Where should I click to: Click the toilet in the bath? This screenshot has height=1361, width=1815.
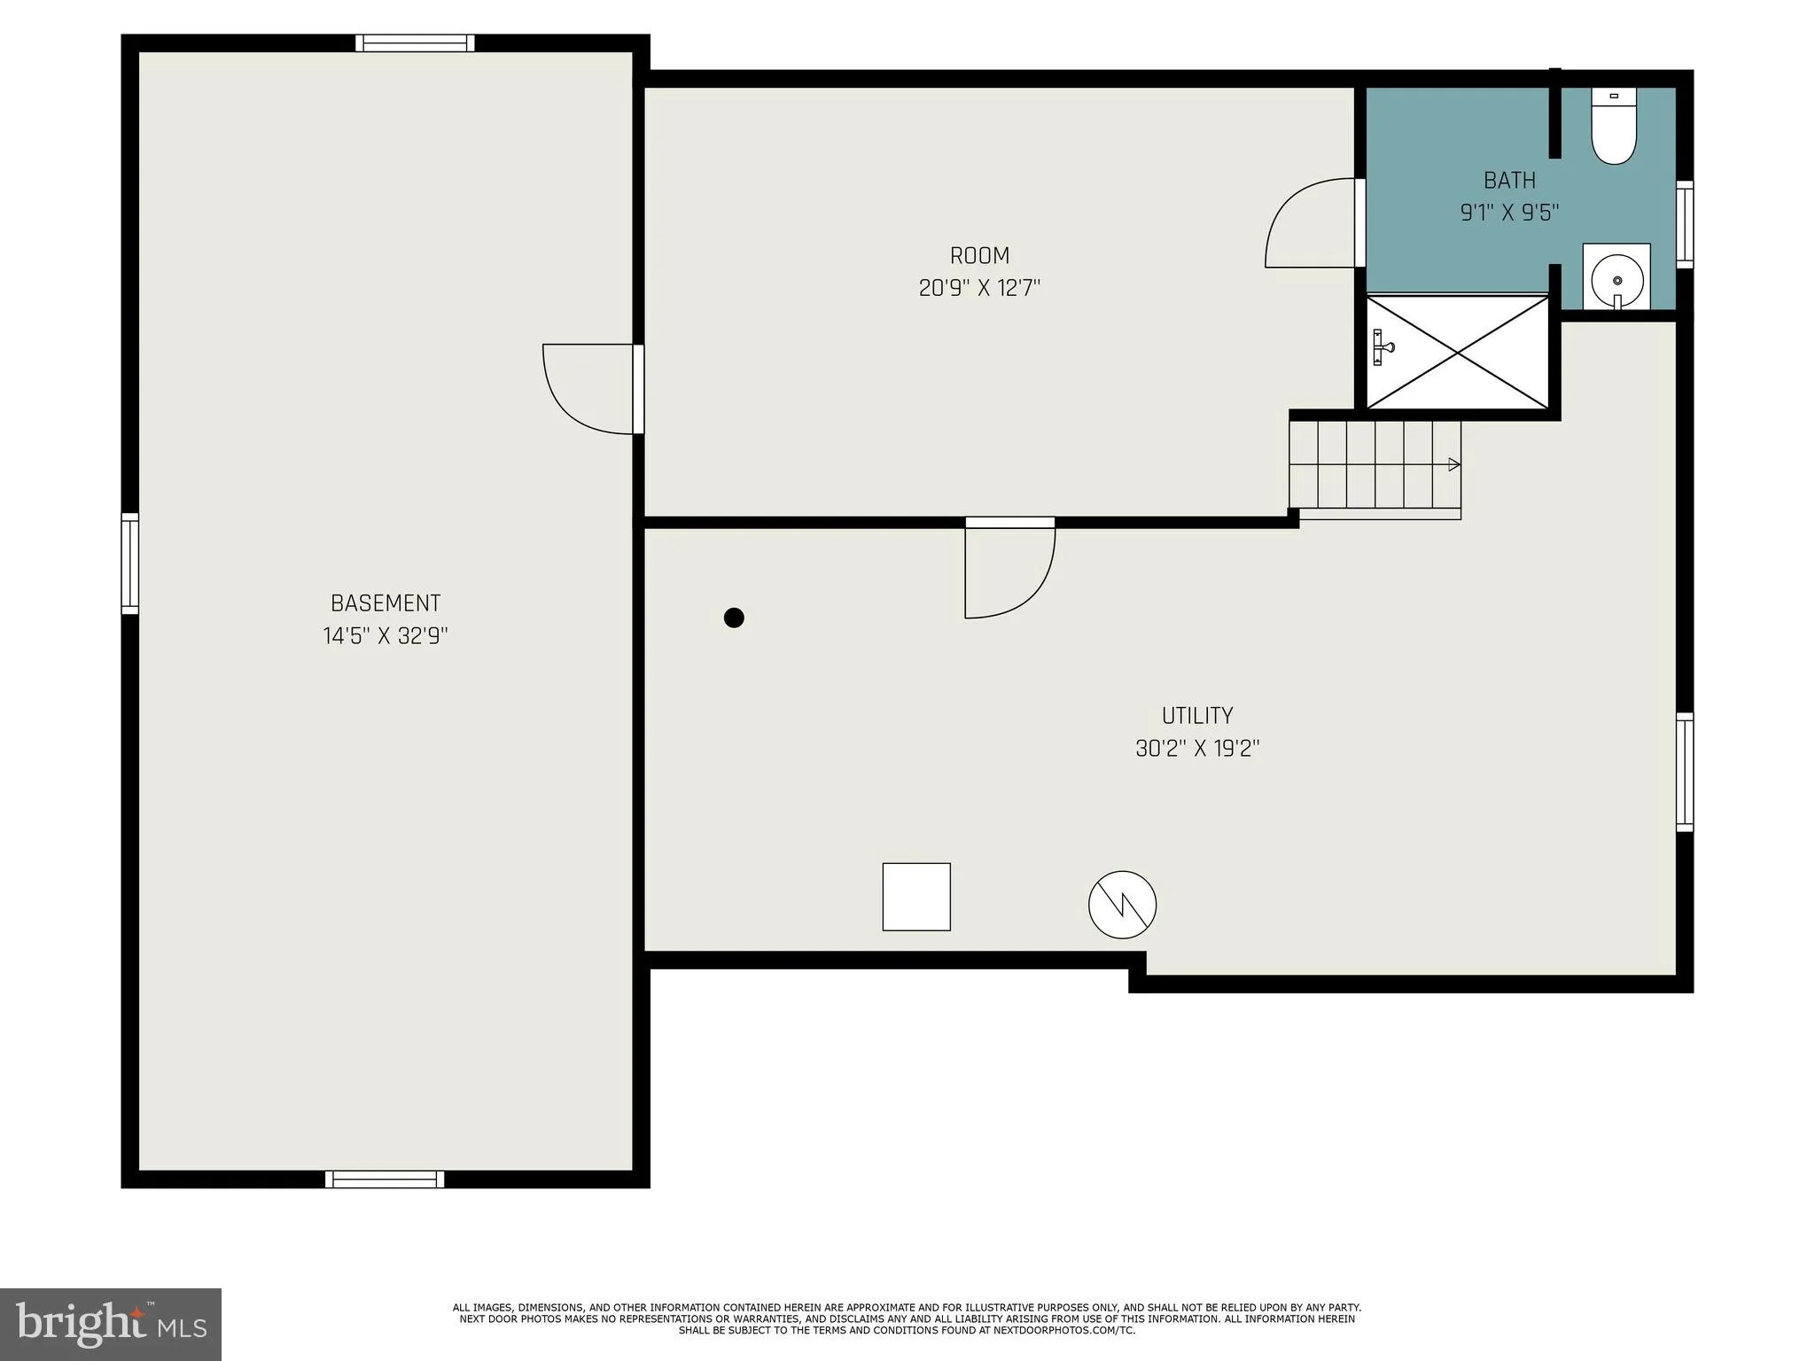pyautogui.click(x=1613, y=128)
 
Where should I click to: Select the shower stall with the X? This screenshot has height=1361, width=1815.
pyautogui.click(x=1458, y=353)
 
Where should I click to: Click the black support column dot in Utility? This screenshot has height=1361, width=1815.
pyautogui.click(x=734, y=618)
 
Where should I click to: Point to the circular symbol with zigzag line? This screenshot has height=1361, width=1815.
pyautogui.click(x=1122, y=905)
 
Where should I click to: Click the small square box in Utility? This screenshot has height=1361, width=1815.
pyautogui.click(x=916, y=897)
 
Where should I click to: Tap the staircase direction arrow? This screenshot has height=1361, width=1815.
pyautogui.click(x=1453, y=464)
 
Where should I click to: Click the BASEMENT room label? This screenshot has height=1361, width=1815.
pyautogui.click(x=386, y=603)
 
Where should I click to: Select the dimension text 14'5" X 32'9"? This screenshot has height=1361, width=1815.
pyautogui.click(x=386, y=636)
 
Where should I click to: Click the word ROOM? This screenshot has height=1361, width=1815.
pyautogui.click(x=979, y=256)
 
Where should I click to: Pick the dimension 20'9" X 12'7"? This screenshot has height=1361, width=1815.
pyautogui.click(x=979, y=289)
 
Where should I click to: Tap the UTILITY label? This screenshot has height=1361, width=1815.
pyautogui.click(x=1197, y=716)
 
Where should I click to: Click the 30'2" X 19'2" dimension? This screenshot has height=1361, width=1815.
pyautogui.click(x=1197, y=749)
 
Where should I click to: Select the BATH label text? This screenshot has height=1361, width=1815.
pyautogui.click(x=1509, y=181)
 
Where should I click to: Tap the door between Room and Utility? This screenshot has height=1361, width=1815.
pyautogui.click(x=1009, y=569)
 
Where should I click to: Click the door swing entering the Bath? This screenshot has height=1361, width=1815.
pyautogui.click(x=1312, y=223)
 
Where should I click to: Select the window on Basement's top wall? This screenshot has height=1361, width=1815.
pyautogui.click(x=415, y=43)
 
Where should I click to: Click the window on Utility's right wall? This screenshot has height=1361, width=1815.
pyautogui.click(x=1684, y=772)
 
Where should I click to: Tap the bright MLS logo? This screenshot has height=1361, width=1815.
pyautogui.click(x=111, y=1324)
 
